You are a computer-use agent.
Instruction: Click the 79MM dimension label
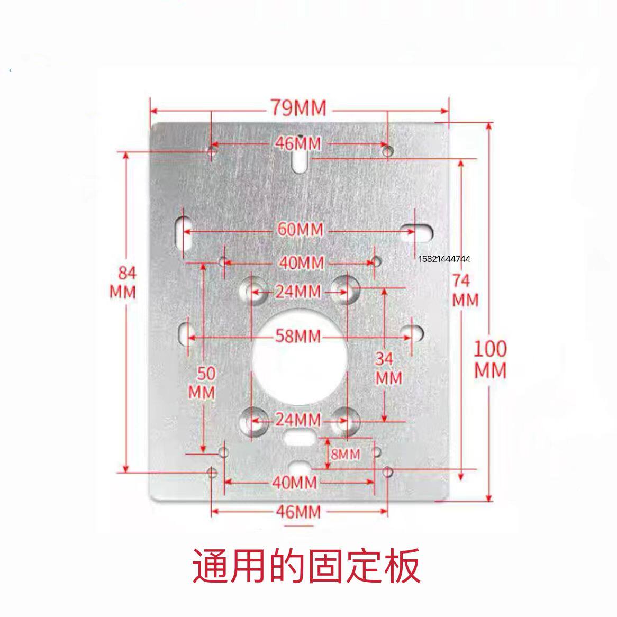(x=299, y=108)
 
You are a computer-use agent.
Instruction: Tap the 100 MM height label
(x=490, y=359)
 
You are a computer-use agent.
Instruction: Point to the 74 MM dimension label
(x=465, y=289)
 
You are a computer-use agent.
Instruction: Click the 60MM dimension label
(x=301, y=230)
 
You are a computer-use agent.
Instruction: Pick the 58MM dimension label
(x=298, y=335)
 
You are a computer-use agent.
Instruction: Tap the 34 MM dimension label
(x=388, y=368)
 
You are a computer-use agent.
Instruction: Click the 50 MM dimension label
(x=203, y=383)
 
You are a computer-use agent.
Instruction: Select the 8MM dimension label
(x=345, y=454)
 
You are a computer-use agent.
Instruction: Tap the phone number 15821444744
(x=444, y=259)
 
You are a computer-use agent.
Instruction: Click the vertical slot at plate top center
(x=300, y=159)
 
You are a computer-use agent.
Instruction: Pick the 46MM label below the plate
(x=298, y=512)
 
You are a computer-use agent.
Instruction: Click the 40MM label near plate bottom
(x=295, y=482)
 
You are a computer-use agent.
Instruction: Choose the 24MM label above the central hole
(x=298, y=291)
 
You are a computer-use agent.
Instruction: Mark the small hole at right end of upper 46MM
(x=388, y=151)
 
